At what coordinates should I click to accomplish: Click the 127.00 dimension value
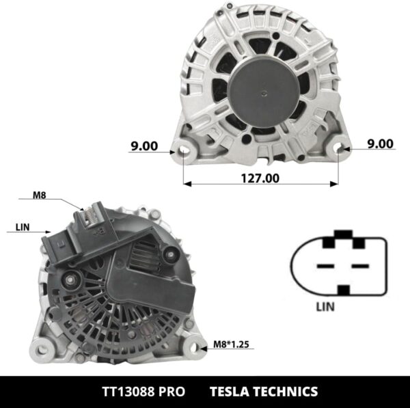pyautogui.click(x=260, y=178)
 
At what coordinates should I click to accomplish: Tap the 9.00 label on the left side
pyautogui.click(x=143, y=146)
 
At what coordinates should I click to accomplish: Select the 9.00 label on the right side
pyautogui.click(x=380, y=144)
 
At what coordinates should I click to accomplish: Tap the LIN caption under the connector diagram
pyautogui.click(x=325, y=306)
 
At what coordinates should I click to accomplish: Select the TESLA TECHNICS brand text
pyautogui.click(x=264, y=392)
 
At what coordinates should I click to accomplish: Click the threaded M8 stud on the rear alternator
pyautogui.click(x=90, y=217)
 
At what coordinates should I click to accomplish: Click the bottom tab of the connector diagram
pyautogui.click(x=344, y=290)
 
